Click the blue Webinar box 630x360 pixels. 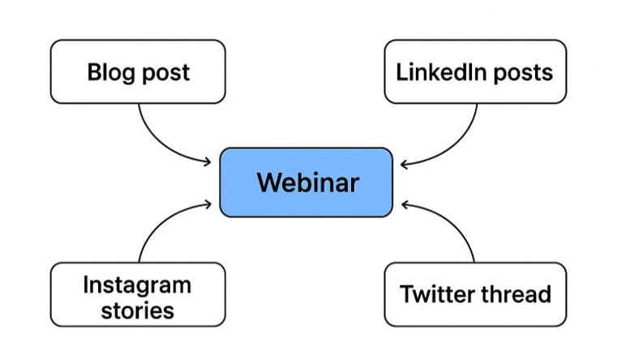tap(306, 182)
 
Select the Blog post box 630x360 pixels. tap(138, 72)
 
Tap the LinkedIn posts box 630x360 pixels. tap(474, 72)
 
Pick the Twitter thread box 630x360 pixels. tap(474, 294)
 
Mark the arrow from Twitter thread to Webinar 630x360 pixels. tap(459, 227)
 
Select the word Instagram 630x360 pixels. tap(137, 285)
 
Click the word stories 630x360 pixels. tap(137, 310)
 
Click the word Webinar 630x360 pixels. tap(307, 182)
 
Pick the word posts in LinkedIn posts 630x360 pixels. tap(524, 73)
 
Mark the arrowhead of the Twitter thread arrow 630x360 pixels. tap(405, 203)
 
